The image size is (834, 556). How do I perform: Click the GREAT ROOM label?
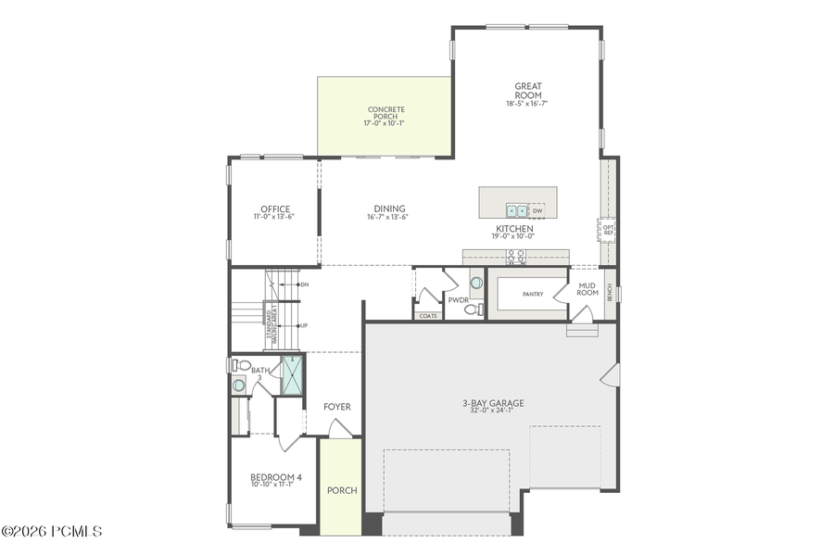(528, 91)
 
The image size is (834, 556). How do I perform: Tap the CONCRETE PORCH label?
(385, 113)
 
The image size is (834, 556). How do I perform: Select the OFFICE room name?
(275, 208)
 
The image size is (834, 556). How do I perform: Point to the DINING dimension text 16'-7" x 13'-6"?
(389, 217)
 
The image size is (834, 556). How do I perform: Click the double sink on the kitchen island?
(516, 210)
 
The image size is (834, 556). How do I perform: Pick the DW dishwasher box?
(537, 210)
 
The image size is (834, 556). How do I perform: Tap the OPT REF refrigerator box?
(608, 229)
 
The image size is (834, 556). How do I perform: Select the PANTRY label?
(532, 295)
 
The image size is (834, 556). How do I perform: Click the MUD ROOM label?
(588, 289)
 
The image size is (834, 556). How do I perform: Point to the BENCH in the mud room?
(610, 293)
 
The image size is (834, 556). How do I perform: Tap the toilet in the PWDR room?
(470, 310)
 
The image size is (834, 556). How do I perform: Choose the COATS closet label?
(427, 316)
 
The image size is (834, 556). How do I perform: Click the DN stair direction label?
(304, 284)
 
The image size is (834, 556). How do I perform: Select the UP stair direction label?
(303, 325)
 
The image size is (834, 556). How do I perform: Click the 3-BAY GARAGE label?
(493, 403)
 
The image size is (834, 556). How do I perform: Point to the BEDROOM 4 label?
(275, 478)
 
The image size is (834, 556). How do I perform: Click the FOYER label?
(336, 407)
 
